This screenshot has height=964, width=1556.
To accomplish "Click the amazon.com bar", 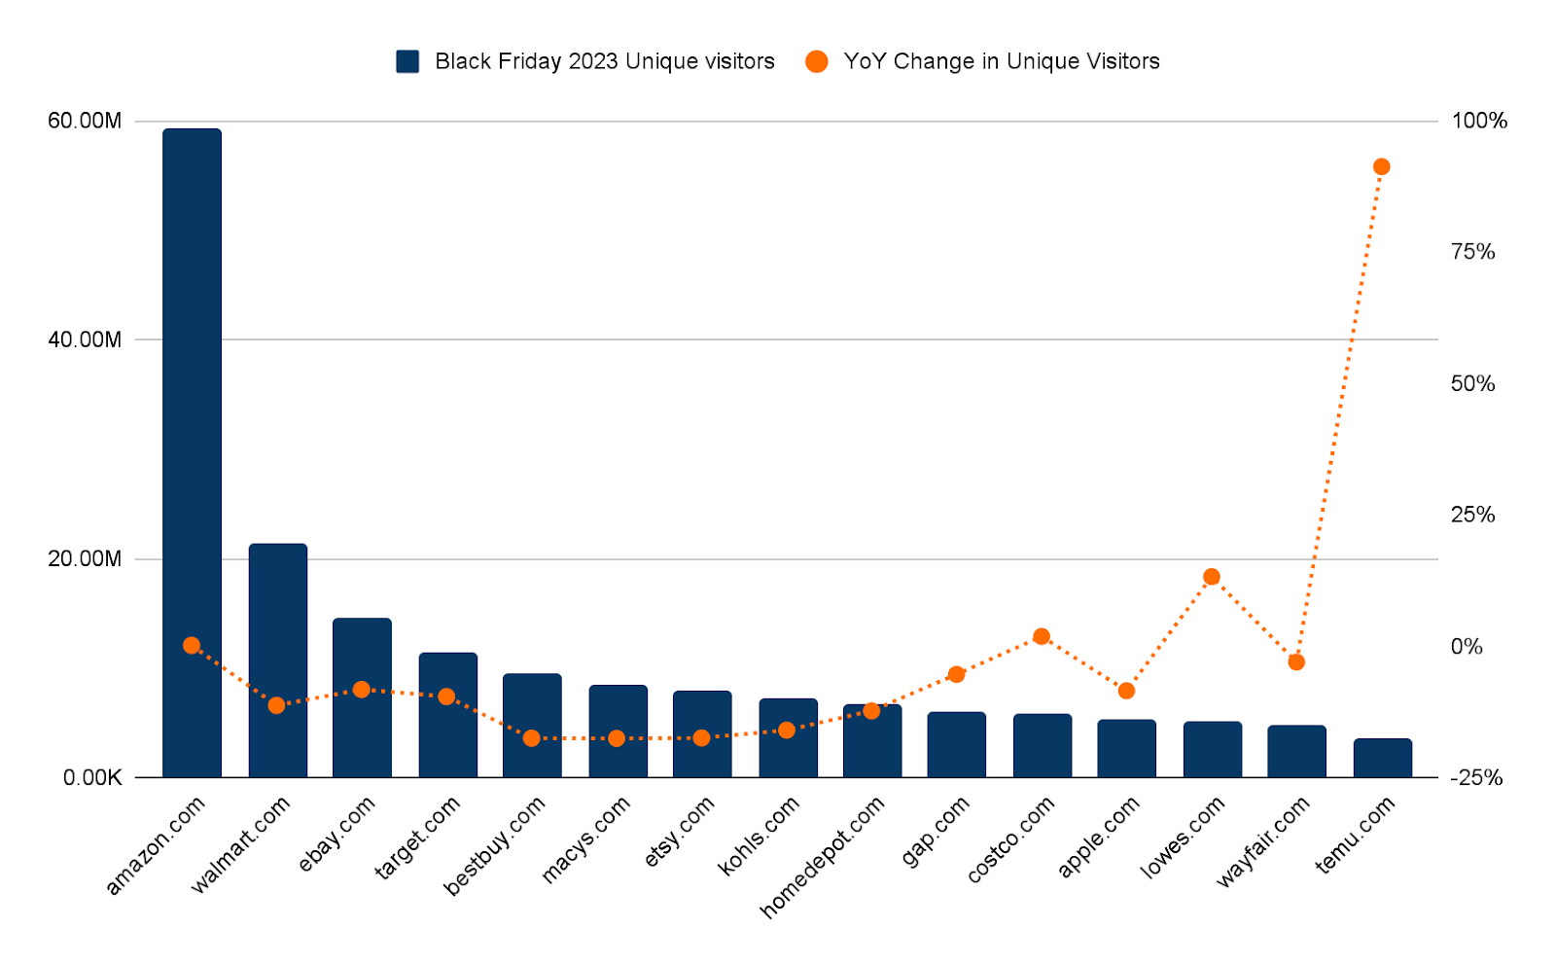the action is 192,452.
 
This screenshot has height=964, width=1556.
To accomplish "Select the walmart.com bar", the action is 278,661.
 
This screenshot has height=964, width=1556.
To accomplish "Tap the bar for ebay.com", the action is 362,697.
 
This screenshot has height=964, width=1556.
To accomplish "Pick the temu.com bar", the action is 1382,758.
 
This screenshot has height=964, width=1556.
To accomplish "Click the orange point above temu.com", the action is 1382,166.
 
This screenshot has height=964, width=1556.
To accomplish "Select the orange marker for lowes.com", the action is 1212,576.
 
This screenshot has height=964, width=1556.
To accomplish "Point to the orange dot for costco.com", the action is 1042,636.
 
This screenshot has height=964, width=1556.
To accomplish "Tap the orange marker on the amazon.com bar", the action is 192,645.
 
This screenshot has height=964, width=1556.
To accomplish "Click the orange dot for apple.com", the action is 1127,690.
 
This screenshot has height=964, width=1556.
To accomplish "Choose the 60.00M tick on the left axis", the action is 84,121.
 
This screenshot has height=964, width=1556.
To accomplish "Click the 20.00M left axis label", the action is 84,558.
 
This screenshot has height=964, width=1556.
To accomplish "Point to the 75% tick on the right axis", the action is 1472,252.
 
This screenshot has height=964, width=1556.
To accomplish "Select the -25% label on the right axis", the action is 1476,777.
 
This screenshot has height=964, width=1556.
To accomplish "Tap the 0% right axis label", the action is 1467,646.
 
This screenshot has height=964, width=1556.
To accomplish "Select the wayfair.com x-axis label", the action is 1263,841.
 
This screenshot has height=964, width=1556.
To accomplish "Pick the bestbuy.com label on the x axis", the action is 495,845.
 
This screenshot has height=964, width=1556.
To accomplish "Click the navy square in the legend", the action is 407,61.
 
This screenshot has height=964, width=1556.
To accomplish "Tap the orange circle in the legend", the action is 816,61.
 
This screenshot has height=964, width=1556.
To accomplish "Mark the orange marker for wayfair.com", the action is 1296,661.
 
